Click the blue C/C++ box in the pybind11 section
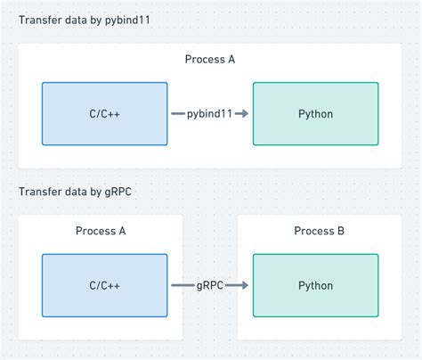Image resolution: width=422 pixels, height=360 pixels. coord(105,114)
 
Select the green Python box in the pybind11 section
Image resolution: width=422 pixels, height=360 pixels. coord(315,114)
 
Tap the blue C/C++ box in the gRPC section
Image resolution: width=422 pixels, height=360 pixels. coord(105,285)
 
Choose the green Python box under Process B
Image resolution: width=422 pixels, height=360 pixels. coord(315,285)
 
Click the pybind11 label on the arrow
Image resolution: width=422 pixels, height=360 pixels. coord(210,114)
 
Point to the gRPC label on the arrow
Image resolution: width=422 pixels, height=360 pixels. coord(210,285)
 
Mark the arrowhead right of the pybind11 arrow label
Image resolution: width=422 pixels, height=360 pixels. coord(244,114)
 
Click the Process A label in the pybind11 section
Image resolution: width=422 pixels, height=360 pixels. coord(210,60)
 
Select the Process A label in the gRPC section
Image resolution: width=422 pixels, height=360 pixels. coord(101,231)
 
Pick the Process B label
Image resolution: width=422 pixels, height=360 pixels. coord(320,231)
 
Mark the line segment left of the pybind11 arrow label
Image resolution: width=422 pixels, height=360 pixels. coord(176,114)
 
